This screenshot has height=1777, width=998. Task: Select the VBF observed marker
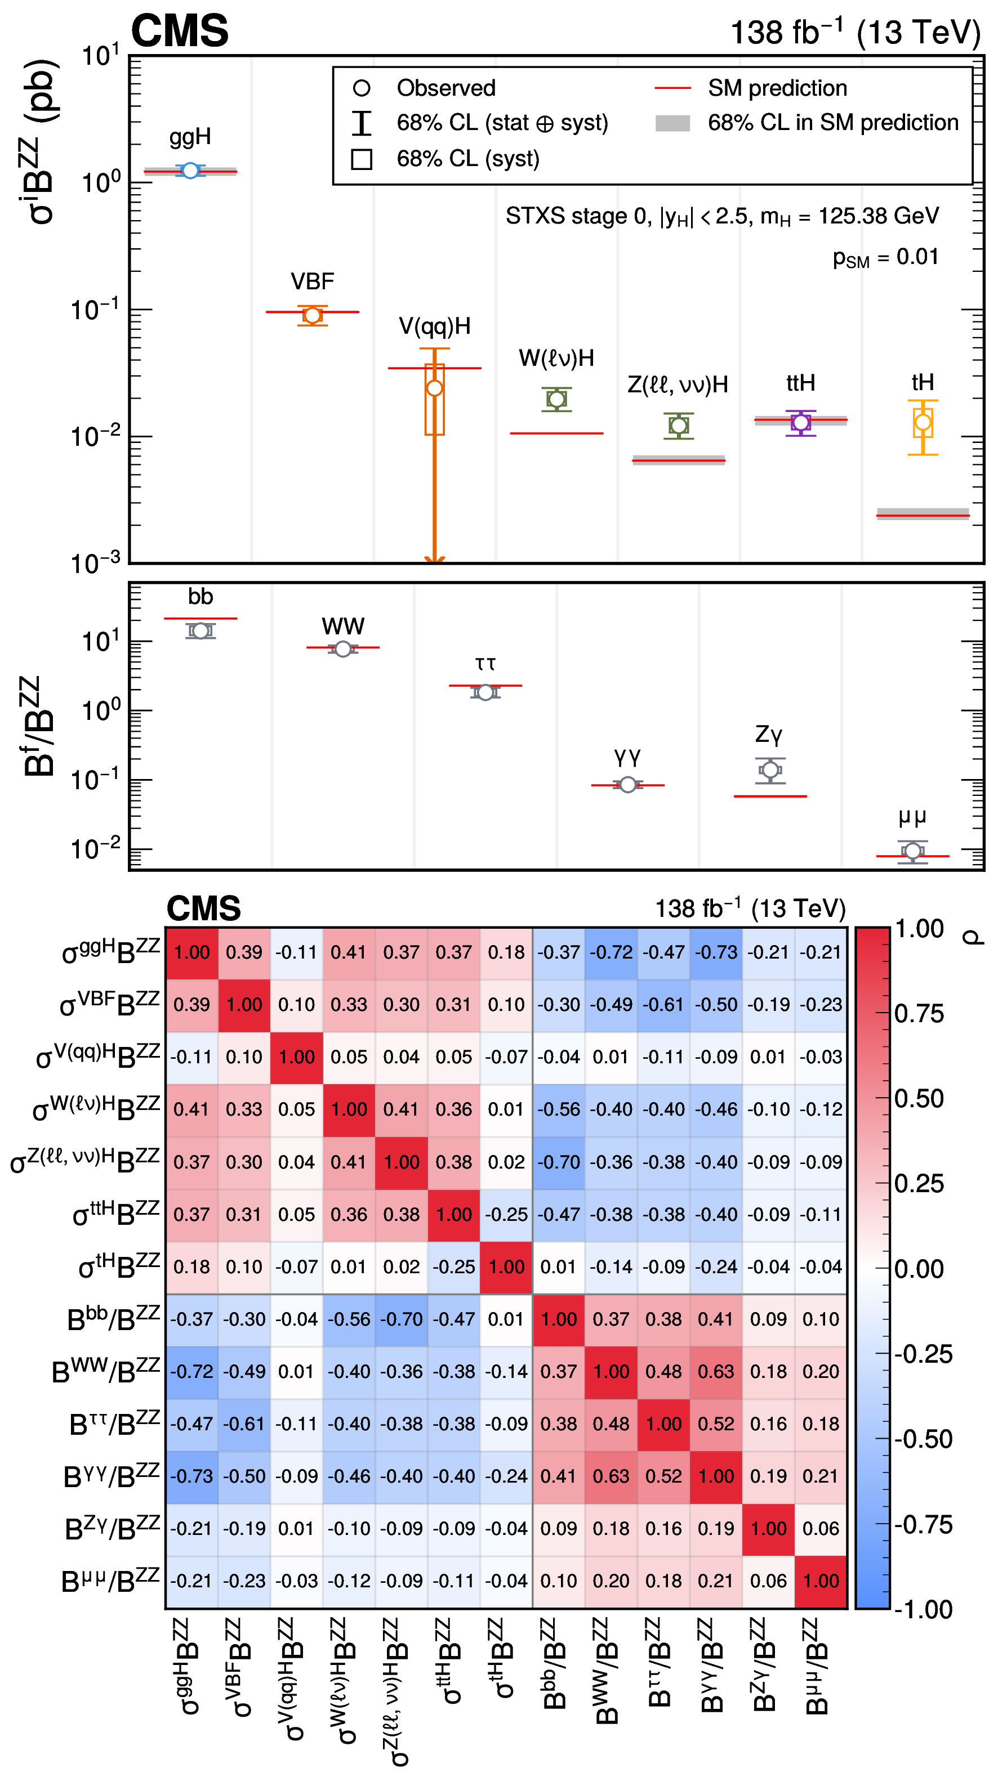(313, 315)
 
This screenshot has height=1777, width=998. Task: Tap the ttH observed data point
(801, 422)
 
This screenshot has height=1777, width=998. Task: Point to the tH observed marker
(923, 422)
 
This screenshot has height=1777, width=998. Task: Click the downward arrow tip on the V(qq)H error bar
(434, 559)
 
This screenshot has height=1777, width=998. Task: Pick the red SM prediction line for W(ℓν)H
(556, 433)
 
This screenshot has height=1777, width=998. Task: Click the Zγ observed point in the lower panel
(770, 770)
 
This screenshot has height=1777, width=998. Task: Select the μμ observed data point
(912, 851)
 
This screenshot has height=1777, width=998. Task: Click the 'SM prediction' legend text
(777, 88)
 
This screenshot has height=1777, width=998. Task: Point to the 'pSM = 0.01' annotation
(885, 257)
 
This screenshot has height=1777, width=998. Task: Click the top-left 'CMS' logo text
(180, 31)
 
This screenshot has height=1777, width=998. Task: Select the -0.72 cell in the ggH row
(611, 952)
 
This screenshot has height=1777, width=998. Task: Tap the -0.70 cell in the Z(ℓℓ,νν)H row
(558, 1162)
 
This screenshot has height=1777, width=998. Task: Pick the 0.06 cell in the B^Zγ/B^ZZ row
(821, 1529)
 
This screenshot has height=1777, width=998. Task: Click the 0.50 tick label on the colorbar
(919, 1099)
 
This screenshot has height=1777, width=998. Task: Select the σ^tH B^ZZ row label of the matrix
(119, 1266)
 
